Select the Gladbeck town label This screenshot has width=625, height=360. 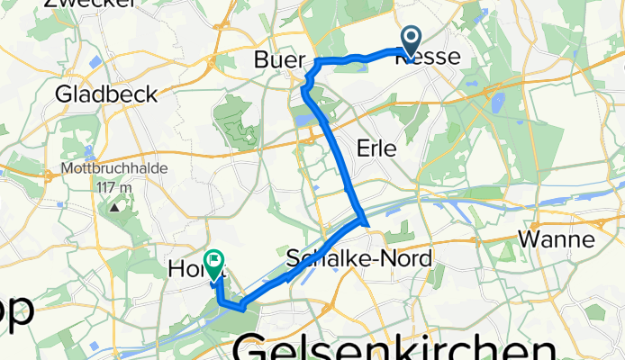pos(106,93)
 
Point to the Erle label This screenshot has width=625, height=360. pos(376,149)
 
